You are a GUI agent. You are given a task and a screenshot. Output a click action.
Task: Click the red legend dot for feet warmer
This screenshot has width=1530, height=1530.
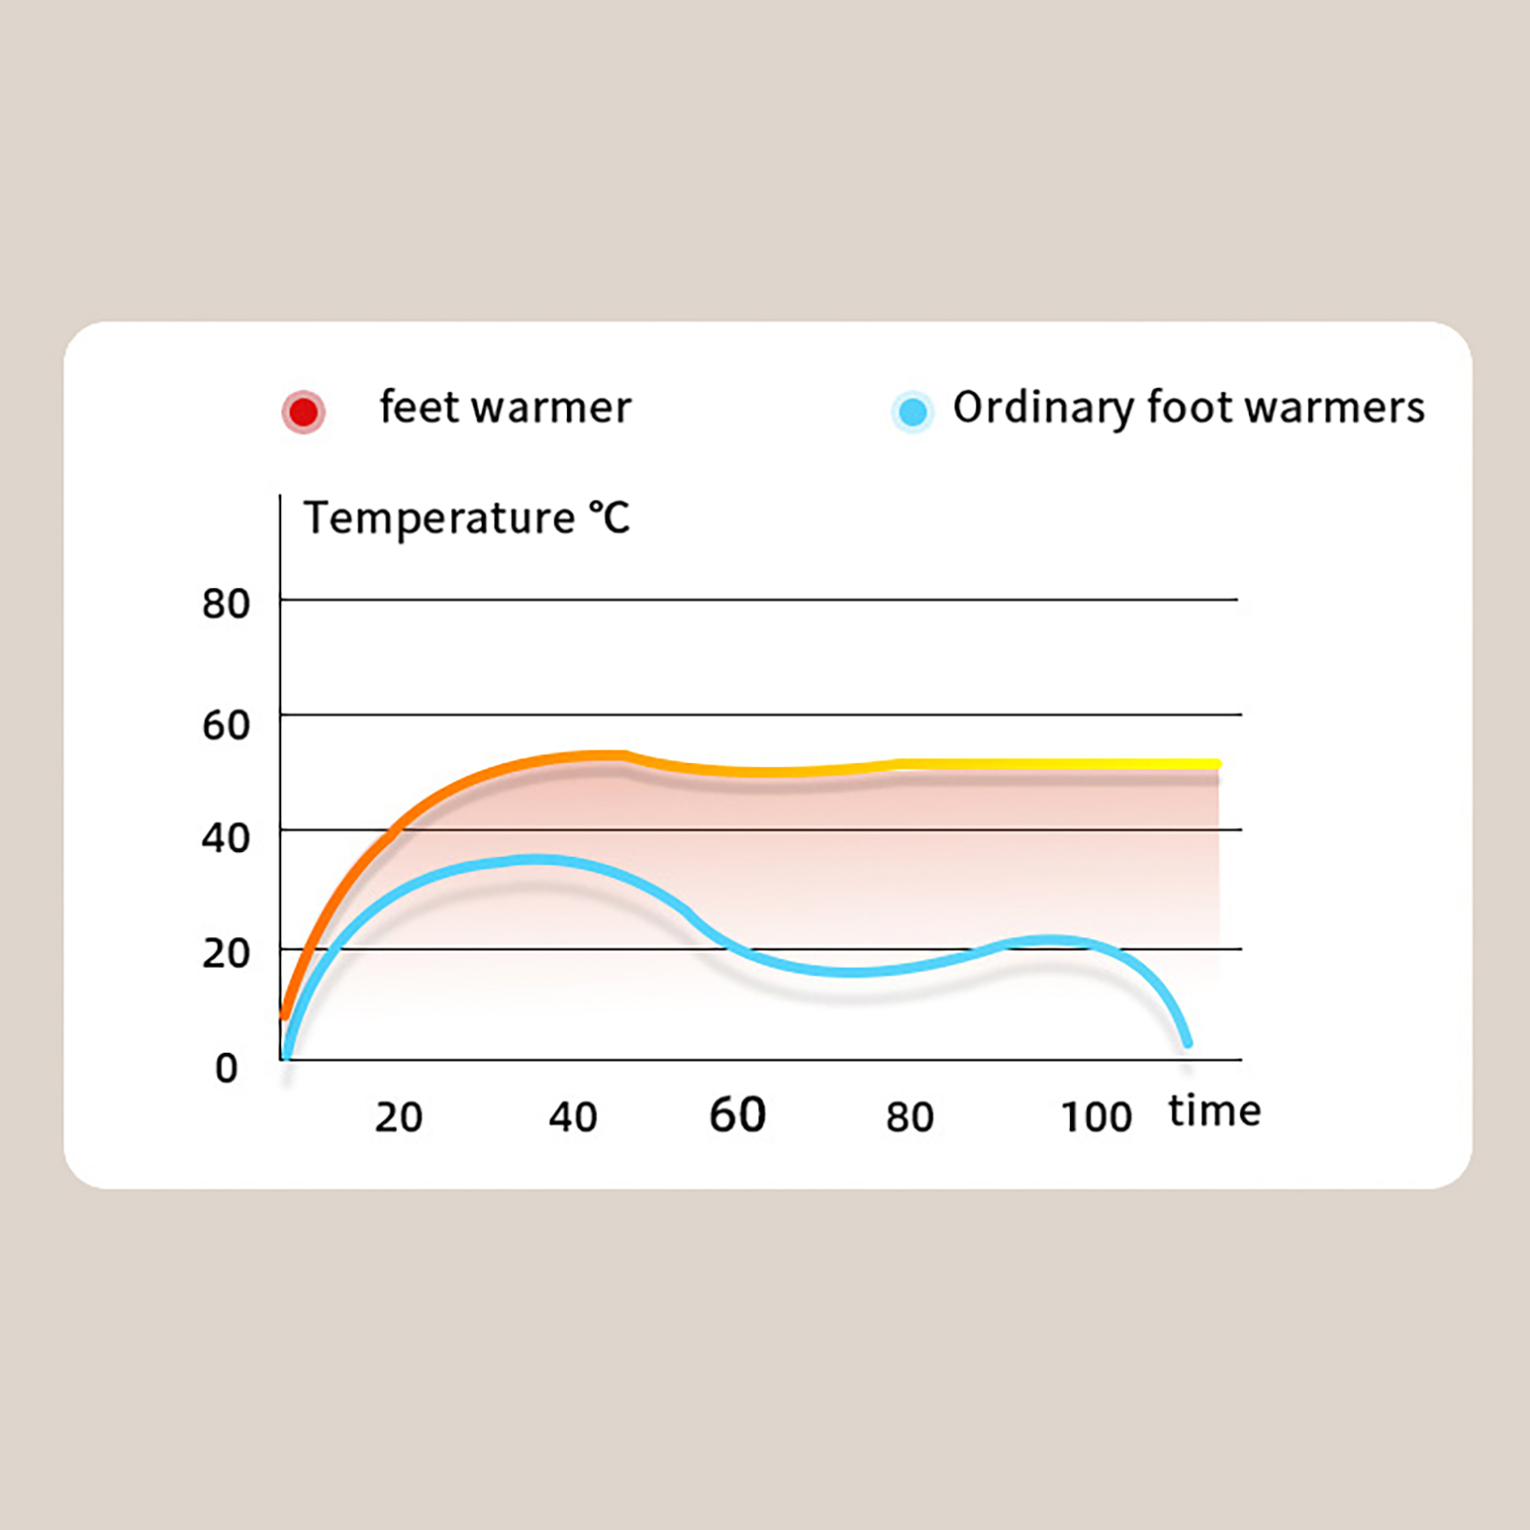coord(303,412)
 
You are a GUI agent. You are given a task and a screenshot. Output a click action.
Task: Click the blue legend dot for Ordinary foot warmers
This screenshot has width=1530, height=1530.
coord(912,412)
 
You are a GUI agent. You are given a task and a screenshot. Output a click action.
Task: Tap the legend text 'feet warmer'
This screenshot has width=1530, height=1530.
coord(505,407)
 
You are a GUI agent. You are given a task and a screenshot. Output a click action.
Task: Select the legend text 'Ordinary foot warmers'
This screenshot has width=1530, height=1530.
coord(1189,407)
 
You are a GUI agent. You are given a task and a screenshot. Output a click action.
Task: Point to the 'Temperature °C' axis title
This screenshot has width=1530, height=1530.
coord(467,519)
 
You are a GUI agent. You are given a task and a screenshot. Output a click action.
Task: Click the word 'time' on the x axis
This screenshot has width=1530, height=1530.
coord(1214,1111)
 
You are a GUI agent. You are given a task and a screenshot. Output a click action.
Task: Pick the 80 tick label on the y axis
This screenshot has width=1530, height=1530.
coord(226,604)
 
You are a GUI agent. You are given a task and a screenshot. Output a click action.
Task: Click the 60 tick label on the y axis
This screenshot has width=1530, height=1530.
coord(226,725)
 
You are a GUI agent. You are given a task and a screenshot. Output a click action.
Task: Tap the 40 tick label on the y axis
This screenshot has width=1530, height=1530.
coord(226,839)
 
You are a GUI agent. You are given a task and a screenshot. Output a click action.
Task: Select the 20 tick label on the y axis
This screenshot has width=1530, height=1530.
coord(226,953)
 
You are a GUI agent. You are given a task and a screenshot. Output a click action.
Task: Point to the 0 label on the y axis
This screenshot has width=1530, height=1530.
coord(226,1067)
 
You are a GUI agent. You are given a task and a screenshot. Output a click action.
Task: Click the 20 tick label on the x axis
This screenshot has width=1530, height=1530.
coord(398,1117)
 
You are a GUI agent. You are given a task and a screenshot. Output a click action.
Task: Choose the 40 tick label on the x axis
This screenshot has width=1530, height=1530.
coord(573,1117)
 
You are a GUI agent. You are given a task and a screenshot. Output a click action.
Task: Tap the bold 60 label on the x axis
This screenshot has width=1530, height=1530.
coord(737,1115)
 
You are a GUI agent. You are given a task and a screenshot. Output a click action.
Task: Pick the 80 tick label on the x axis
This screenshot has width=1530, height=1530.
coord(909,1117)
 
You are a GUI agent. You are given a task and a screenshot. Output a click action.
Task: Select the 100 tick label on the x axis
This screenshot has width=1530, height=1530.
coord(1096,1117)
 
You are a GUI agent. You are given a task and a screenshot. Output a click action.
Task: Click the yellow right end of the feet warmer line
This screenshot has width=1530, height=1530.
coord(1215,764)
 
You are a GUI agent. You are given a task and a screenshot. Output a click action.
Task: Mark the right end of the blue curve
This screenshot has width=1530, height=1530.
coord(1188,1042)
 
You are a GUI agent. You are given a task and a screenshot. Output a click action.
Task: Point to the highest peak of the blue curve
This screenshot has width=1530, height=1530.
coord(535,860)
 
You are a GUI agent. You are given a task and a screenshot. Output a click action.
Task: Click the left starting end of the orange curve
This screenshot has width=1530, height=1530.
coord(284,1014)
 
